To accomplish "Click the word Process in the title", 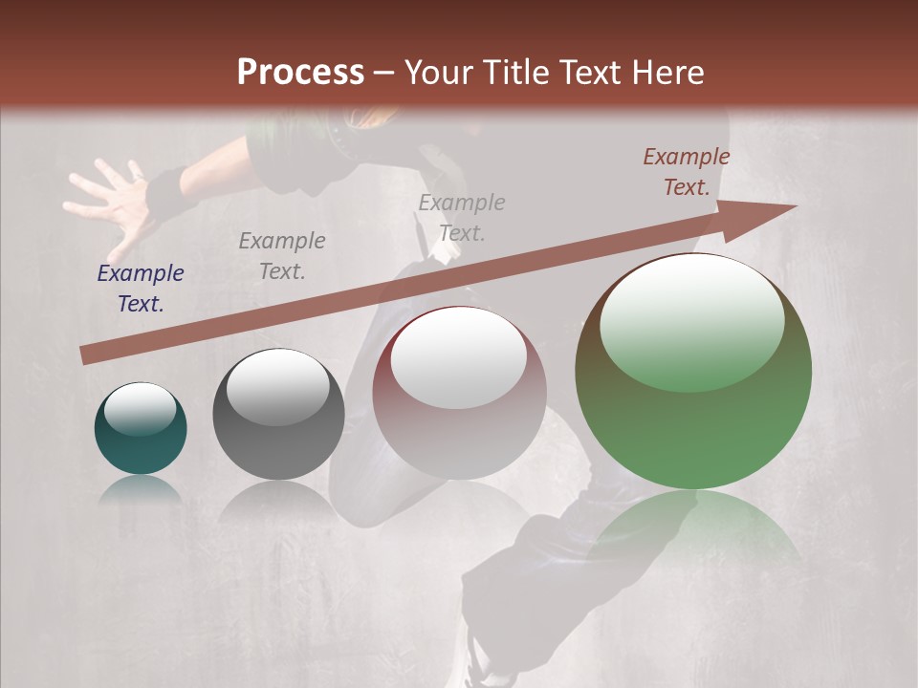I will [300, 73].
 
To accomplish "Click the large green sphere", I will [693, 420].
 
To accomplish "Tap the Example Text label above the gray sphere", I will [282, 256].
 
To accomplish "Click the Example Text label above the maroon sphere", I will [462, 217].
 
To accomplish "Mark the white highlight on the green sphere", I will [691, 320].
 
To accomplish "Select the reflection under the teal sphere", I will [140, 489].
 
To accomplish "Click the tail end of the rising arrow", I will [86, 355].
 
